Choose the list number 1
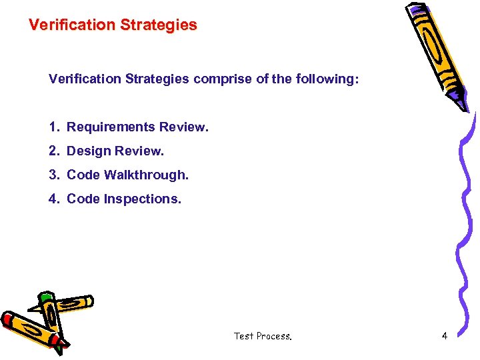point(53,127)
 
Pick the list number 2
point(53,151)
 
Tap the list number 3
point(53,175)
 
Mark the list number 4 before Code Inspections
point(53,199)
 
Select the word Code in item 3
point(83,175)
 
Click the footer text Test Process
point(263,336)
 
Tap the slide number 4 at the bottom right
point(444,336)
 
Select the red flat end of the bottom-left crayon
point(9,319)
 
